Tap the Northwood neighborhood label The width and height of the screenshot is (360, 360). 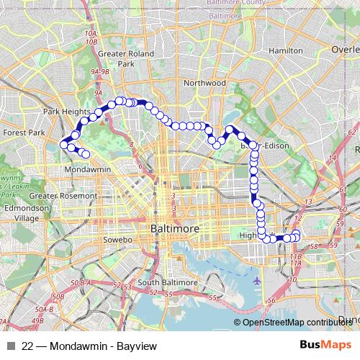pos(204,83)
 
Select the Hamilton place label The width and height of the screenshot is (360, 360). pos(285,51)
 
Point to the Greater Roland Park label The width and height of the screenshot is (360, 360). pos(117,58)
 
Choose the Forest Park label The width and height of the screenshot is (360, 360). pos(23,132)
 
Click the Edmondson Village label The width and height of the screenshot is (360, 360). pos(26,213)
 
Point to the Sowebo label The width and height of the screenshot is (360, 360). pos(118,239)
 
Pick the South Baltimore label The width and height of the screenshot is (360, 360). pos(168,282)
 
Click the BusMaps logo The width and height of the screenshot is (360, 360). pos(323,345)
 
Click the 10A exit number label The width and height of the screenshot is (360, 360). pos(90,33)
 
